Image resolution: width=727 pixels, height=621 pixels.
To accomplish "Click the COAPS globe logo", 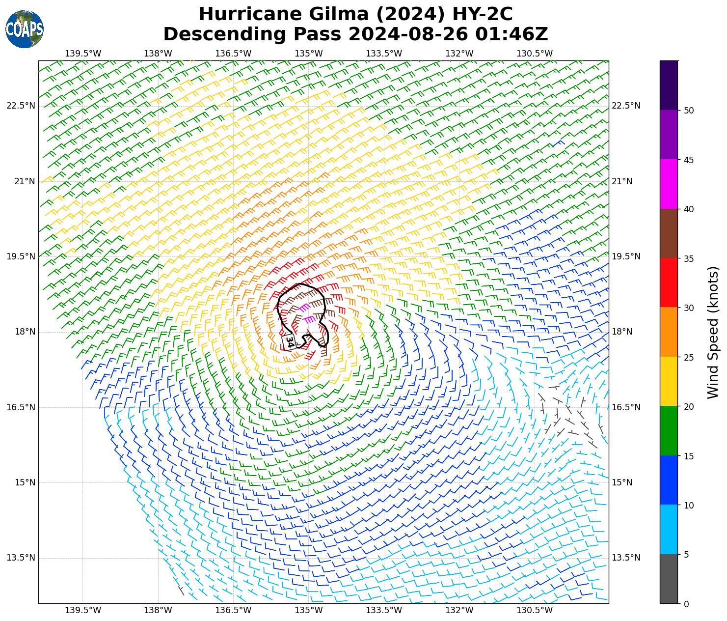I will pyautogui.click(x=25, y=29).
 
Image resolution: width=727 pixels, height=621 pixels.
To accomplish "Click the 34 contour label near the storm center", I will pyautogui.click(x=290, y=342).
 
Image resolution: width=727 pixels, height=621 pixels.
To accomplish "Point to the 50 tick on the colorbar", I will pyautogui.click(x=689, y=111).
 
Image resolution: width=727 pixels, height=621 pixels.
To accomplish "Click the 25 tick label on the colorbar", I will pyautogui.click(x=689, y=357).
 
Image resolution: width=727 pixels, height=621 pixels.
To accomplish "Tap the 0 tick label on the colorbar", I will pyautogui.click(x=686, y=604).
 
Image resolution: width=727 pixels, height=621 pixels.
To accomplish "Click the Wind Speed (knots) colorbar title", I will pyautogui.click(x=713, y=332).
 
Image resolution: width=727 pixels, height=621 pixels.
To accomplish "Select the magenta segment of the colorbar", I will pyautogui.click(x=669, y=184).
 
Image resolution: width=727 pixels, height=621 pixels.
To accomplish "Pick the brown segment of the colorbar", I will pyautogui.click(x=669, y=233).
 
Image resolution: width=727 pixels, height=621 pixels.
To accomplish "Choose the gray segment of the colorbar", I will pyautogui.click(x=669, y=579).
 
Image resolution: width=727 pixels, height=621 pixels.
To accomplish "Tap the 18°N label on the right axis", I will pyautogui.click(x=622, y=332).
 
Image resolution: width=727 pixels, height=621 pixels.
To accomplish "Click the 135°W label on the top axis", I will pyautogui.click(x=309, y=54).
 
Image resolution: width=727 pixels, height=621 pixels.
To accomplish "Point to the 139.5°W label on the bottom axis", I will pyautogui.click(x=83, y=610).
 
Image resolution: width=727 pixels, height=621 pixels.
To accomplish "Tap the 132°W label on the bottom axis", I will pyautogui.click(x=459, y=610).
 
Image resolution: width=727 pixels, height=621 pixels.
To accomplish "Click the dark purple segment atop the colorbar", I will pyautogui.click(x=669, y=85).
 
